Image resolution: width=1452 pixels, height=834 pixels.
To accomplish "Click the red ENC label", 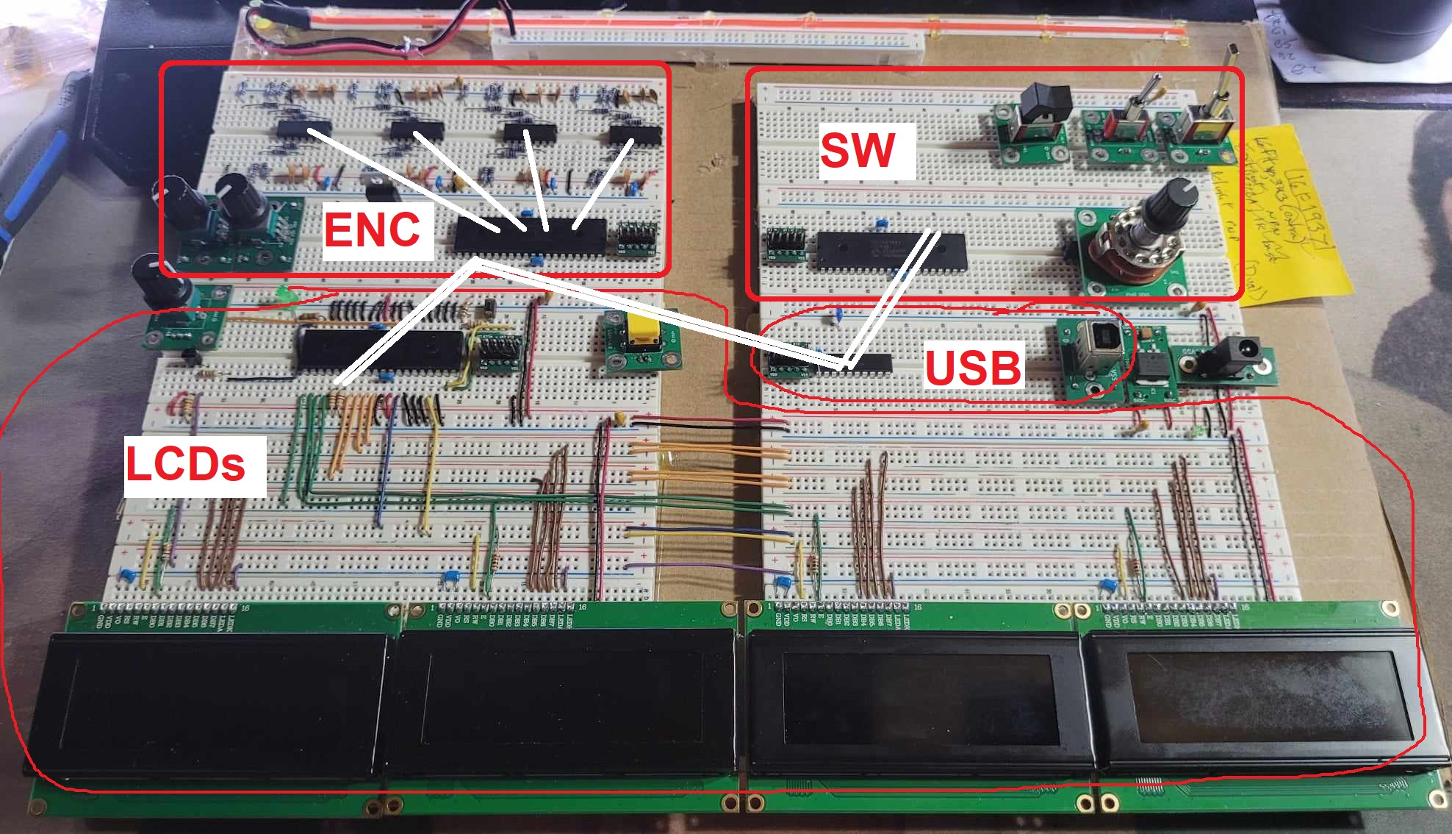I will tap(373, 229).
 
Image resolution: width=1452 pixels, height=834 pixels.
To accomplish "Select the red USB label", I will tap(973, 368).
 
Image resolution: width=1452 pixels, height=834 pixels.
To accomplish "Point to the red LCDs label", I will tap(185, 465).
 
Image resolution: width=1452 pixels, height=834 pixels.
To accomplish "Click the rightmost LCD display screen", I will tap(1257, 699).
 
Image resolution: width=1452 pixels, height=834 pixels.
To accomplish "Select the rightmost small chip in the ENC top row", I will tap(636, 134).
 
